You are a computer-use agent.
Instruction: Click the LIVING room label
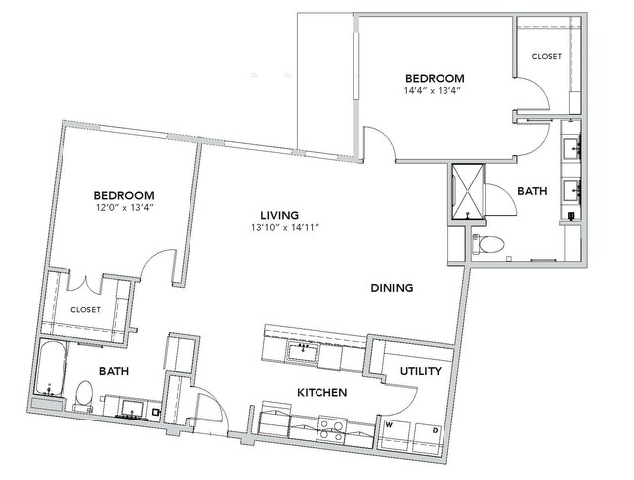click(x=280, y=215)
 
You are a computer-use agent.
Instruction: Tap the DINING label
click(x=392, y=288)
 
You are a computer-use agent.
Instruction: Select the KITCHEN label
click(x=321, y=392)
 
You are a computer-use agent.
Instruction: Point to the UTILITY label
click(x=420, y=371)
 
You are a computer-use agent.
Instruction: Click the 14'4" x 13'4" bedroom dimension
click(x=433, y=90)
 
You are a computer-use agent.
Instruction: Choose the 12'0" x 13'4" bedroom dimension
click(x=124, y=207)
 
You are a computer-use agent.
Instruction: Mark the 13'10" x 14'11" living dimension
click(x=285, y=227)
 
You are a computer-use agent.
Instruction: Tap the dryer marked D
click(x=429, y=437)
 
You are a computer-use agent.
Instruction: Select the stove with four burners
click(x=332, y=429)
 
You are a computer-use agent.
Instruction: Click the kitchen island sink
click(x=303, y=351)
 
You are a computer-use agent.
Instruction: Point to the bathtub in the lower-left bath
click(x=51, y=369)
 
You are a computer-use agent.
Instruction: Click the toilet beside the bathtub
click(x=84, y=394)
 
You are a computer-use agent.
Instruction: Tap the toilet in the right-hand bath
click(x=488, y=244)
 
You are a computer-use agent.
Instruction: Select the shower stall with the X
click(x=468, y=191)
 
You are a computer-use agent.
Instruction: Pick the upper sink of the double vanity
click(x=571, y=148)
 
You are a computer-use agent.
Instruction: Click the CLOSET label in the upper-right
click(x=547, y=56)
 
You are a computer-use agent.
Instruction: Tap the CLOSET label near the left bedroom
click(x=85, y=309)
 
